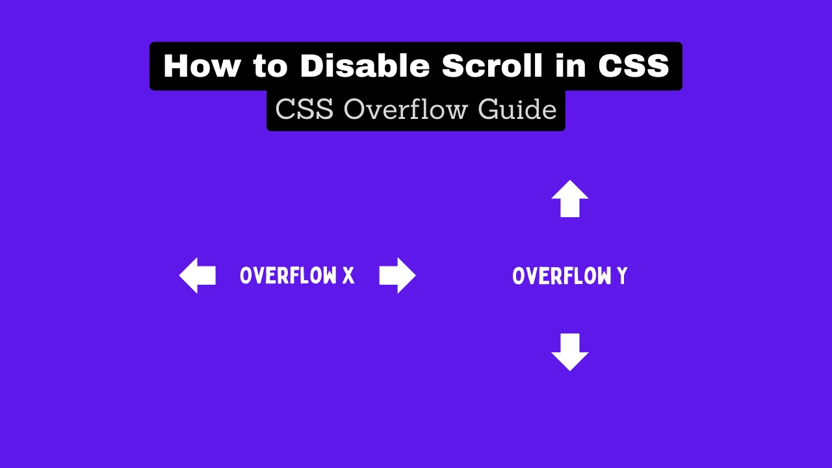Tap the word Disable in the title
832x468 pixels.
pos(365,66)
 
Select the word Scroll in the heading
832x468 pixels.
pos(492,66)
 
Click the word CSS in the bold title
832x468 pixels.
pos(634,66)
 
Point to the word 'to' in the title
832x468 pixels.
pos(270,66)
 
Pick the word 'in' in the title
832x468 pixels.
pos(571,66)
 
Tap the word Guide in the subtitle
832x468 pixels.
pos(517,110)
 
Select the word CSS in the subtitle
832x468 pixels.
pos(304,110)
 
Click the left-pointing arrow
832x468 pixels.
pos(197,276)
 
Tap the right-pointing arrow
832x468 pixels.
pos(397,276)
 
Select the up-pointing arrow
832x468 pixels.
pos(570,199)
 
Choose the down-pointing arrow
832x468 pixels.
pos(570,352)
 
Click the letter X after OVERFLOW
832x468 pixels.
pos(348,276)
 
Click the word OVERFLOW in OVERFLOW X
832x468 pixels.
pos(288,276)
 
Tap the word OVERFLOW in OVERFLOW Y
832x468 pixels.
pos(562,276)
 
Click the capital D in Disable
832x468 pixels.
pos(313,66)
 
